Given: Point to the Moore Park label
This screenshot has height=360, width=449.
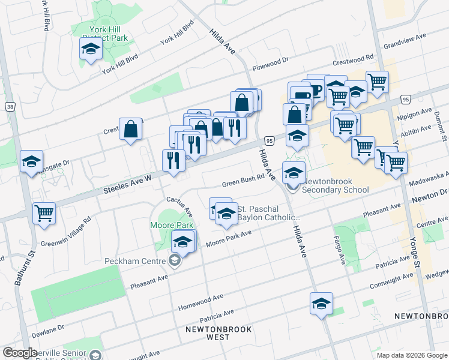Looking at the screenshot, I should pos(163,225).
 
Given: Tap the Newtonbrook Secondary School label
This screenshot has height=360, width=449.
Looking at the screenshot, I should pos(336,185).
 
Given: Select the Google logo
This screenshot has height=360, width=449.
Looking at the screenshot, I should pos(20,353).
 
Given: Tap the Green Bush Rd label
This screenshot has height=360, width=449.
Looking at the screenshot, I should pos(243,181).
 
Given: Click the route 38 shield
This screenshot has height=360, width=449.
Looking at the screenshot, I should pos(10,106).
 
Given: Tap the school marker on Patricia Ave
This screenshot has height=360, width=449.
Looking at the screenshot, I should pos(321,303).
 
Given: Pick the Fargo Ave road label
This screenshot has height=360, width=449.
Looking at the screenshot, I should pos(342,253).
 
